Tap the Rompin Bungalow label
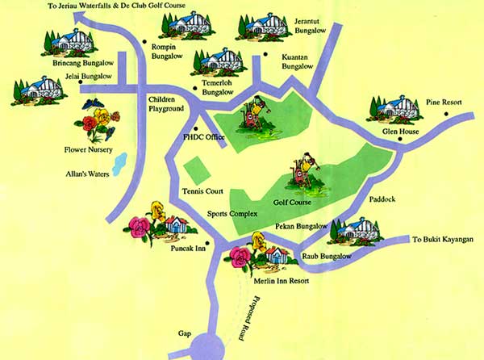click(x=169, y=52)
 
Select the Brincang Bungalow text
click(x=81, y=62)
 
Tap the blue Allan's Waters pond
click(x=120, y=164)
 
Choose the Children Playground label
click(x=167, y=103)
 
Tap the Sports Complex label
click(x=231, y=214)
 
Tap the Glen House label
click(x=399, y=130)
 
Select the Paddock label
click(x=382, y=197)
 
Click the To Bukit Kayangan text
click(x=446, y=240)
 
